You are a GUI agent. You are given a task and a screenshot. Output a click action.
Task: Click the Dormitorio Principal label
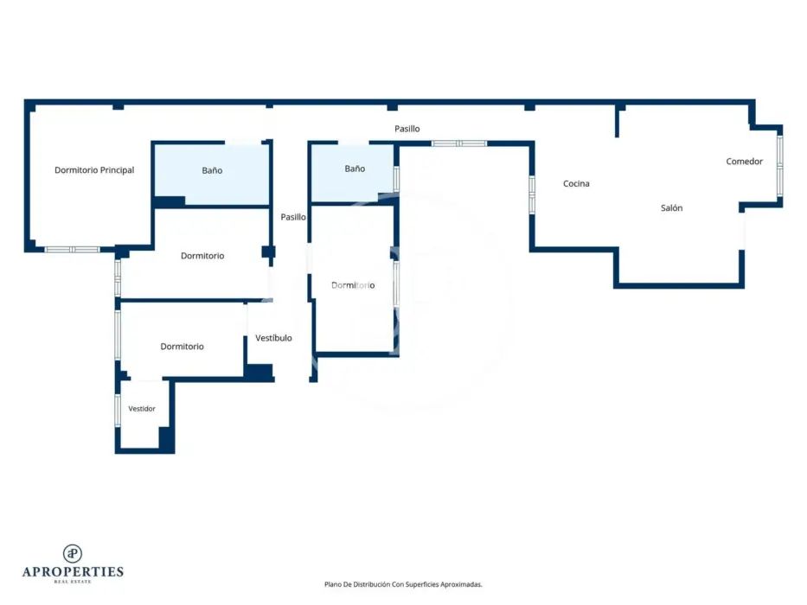[x=94, y=169]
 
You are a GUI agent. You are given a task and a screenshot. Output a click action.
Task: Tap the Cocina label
[x=576, y=183]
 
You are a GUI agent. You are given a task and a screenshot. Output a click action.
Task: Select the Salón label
[x=672, y=207]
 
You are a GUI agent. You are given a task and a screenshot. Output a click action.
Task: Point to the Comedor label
[x=744, y=162]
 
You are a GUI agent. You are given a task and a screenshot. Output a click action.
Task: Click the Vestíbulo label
[x=274, y=338]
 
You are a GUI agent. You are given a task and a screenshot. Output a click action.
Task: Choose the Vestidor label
[x=142, y=409]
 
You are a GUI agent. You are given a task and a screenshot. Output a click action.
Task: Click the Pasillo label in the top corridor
[x=407, y=129]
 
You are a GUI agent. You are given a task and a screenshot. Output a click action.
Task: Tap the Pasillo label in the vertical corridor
[x=293, y=217]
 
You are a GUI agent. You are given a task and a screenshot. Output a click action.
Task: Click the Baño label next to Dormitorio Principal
[x=212, y=170]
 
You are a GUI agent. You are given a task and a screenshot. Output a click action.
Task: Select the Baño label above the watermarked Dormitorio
[x=355, y=169]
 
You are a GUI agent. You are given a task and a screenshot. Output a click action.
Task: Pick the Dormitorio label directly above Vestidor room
[x=183, y=347]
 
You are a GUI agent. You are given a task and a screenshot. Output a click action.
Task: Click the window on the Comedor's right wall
[x=779, y=166]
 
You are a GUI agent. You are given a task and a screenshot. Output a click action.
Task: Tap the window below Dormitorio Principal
[x=72, y=250]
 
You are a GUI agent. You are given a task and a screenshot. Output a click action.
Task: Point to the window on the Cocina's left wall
[x=532, y=194]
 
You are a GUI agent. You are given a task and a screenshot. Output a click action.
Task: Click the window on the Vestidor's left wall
[x=118, y=410]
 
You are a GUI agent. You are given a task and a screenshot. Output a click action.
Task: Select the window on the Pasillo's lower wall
[x=459, y=143]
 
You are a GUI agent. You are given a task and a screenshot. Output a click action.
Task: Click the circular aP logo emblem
[x=73, y=553]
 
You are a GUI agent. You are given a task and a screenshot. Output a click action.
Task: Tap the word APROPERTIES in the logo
[x=73, y=572]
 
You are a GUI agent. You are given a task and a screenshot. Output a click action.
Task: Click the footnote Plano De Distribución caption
[x=403, y=584]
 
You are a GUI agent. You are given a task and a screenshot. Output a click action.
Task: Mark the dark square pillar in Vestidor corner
[x=166, y=439]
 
